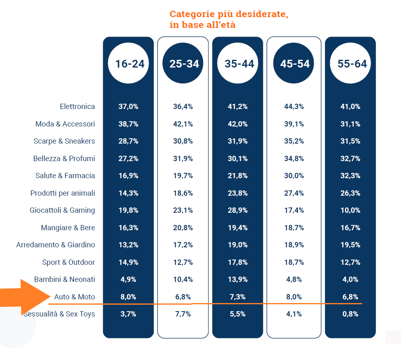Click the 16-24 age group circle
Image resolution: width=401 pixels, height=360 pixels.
tap(128, 63)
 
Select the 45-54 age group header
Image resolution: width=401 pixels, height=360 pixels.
tap(294, 63)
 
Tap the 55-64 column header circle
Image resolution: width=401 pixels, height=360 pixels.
tap(350, 63)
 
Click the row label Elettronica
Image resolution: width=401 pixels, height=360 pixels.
tap(77, 107)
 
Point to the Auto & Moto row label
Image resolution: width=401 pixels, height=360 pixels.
tap(74, 297)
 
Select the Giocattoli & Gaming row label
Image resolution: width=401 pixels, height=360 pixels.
tap(62, 210)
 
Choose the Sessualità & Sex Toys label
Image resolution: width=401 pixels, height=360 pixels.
tap(59, 314)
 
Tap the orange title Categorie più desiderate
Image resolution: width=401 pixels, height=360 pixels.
tap(229, 14)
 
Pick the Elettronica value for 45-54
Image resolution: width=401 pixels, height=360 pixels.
tap(294, 107)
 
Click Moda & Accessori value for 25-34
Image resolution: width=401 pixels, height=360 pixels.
tap(183, 124)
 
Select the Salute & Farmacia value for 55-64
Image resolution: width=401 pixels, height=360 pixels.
tap(350, 176)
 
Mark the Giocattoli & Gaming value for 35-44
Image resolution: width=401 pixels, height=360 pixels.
tap(238, 210)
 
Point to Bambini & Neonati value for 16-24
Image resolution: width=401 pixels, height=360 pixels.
tap(128, 279)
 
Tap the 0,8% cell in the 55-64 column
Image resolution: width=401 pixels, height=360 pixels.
tap(350, 314)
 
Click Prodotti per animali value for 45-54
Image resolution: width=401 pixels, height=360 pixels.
tap(294, 193)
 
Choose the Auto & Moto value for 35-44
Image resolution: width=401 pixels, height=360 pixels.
tap(238, 297)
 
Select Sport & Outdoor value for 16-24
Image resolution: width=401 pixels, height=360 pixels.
tap(128, 262)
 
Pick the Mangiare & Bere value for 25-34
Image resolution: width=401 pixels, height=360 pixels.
tap(183, 228)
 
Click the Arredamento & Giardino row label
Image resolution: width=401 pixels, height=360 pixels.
tap(56, 245)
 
